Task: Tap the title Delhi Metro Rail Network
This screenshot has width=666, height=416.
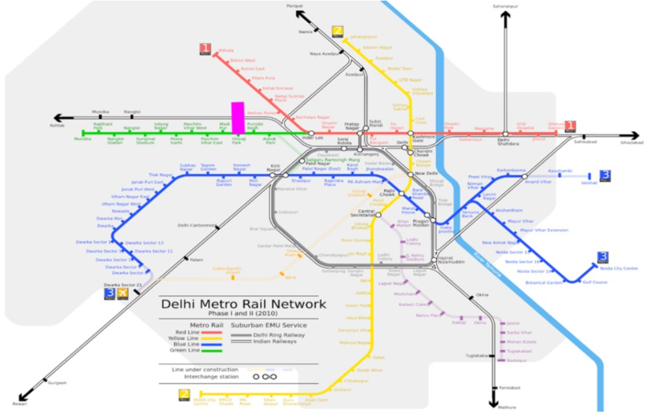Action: coord(243,304)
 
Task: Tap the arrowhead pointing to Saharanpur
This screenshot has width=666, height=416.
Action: coord(505,16)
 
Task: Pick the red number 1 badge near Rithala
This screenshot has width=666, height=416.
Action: coord(206,48)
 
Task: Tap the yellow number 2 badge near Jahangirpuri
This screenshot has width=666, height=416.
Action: coord(337,31)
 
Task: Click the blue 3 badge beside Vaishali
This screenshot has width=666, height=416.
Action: coord(605,176)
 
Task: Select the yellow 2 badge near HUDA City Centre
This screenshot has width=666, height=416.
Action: coord(185,395)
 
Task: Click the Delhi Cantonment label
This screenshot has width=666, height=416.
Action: coord(197,225)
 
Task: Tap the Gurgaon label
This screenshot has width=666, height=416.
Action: coord(57,383)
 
